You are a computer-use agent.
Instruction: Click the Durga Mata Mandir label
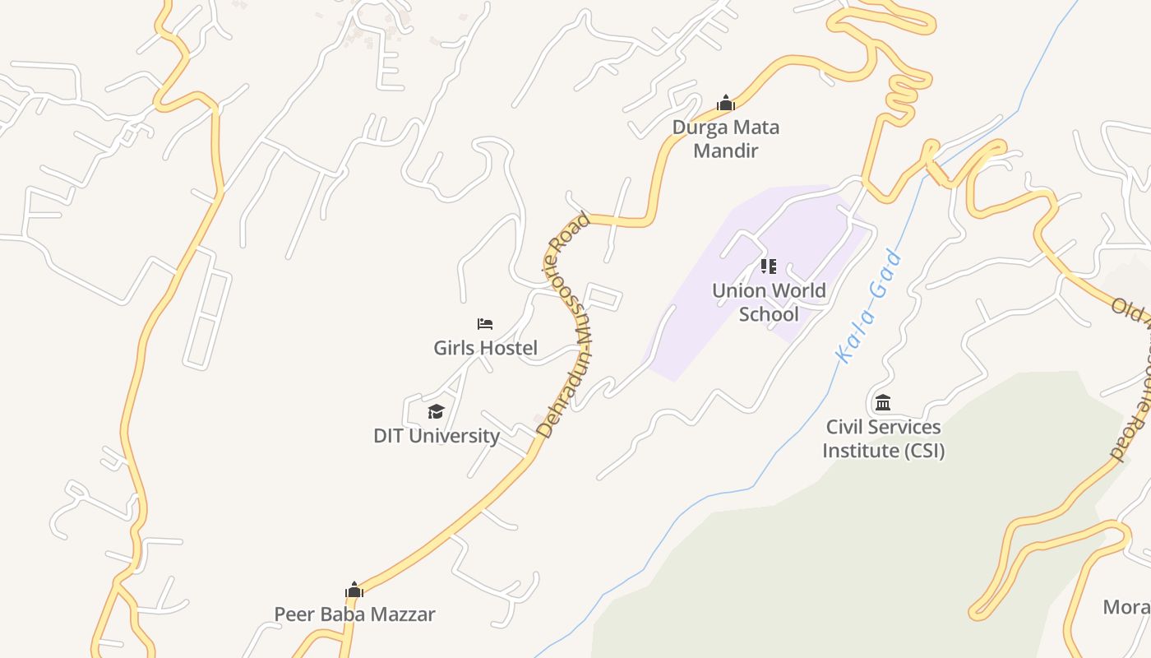(725, 139)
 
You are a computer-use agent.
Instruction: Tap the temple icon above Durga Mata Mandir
(725, 104)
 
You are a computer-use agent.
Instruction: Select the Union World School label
(769, 302)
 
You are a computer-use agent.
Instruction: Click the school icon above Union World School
(769, 266)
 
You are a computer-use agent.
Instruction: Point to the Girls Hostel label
(485, 348)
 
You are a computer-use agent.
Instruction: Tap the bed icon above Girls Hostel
(485, 324)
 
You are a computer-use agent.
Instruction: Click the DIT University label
(437, 436)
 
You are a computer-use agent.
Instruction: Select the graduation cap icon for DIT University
(436, 411)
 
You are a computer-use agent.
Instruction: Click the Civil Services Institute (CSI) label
(883, 438)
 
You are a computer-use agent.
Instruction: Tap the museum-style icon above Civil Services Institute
(883, 403)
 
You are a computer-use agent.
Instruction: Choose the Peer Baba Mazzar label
(354, 614)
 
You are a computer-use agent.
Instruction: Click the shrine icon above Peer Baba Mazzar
(354, 590)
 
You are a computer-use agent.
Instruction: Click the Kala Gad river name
(868, 306)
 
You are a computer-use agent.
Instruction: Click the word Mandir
(725, 151)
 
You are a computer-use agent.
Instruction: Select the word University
(457, 436)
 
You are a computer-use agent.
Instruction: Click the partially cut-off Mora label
(1126, 607)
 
